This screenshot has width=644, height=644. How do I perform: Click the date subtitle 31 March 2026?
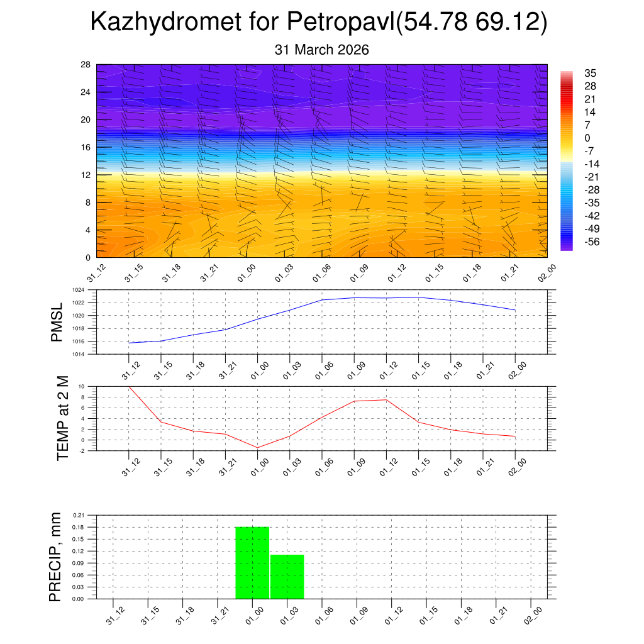[321, 50]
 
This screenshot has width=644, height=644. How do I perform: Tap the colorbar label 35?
[590, 73]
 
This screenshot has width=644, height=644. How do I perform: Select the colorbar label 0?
[587, 138]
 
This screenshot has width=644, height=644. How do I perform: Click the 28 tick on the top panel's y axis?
[86, 65]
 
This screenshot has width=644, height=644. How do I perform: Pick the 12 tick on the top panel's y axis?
[86, 175]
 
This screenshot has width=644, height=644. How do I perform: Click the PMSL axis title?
[57, 322]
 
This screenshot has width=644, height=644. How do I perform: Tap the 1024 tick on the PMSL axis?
[77, 290]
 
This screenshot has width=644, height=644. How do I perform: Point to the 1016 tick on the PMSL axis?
[77, 341]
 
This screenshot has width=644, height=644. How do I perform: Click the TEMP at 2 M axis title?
[62, 418]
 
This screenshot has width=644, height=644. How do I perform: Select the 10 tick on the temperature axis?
[81, 386]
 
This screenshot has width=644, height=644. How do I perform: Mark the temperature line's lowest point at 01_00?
[257, 447]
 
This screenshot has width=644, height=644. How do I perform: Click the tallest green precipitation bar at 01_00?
[252, 562]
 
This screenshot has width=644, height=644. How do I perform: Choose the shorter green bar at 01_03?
[287, 576]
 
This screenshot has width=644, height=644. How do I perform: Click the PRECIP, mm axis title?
[55, 557]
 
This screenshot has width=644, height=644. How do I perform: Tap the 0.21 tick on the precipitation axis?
[78, 515]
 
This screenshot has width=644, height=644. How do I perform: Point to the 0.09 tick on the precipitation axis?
[78, 563]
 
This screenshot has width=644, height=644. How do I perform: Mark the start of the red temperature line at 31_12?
[129, 387]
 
